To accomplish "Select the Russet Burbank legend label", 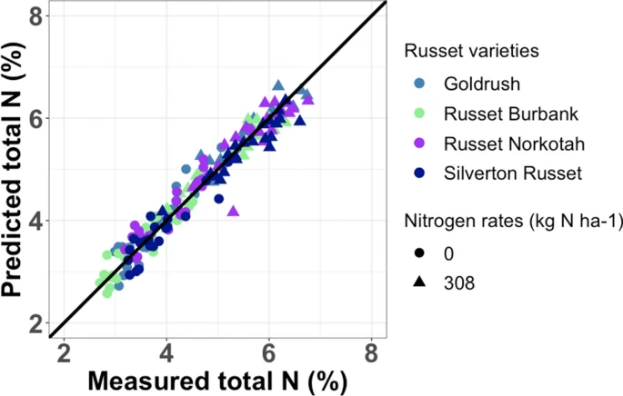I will (498, 114).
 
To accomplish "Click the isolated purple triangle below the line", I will (233, 211).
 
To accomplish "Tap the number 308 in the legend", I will (460, 282).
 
